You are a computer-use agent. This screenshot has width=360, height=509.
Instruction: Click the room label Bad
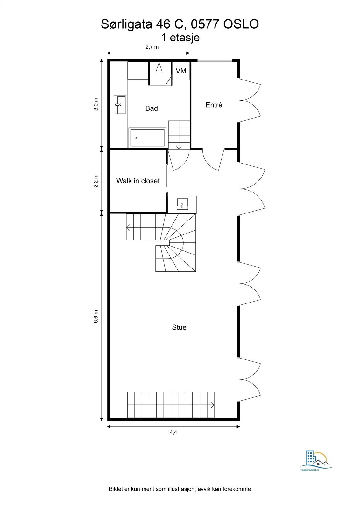[x=152, y=108]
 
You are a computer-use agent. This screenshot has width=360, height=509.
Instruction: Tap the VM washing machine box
[x=181, y=71]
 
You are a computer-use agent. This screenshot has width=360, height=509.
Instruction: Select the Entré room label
[x=214, y=105]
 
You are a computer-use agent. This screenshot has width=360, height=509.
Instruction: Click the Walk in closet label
[x=138, y=181]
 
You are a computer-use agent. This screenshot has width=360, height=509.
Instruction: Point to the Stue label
[x=179, y=327]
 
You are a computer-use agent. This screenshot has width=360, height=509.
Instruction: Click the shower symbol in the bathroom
[x=159, y=67]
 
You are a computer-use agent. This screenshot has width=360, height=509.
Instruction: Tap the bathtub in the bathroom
[x=147, y=138]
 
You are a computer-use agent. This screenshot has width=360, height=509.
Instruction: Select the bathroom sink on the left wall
[x=120, y=105]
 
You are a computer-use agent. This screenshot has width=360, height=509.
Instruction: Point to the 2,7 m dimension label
[x=152, y=47]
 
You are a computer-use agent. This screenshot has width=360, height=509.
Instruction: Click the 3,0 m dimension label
[x=96, y=104]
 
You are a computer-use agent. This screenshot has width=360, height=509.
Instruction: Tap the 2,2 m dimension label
[x=96, y=181]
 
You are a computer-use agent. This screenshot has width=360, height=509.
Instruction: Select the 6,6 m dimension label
[x=96, y=317]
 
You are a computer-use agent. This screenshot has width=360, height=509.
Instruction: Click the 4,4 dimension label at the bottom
[x=173, y=432]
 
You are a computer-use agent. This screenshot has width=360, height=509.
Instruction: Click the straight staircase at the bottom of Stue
[x=171, y=405]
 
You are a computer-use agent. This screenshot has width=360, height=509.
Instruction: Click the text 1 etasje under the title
[x=180, y=38]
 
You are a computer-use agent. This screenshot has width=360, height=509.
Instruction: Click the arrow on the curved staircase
[x=129, y=227]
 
